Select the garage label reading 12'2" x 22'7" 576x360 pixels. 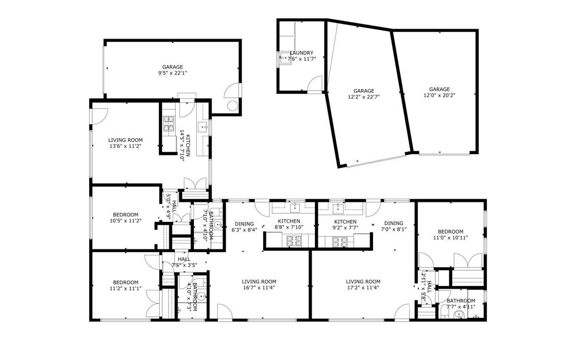click(364, 94)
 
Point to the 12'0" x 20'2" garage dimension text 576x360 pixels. click(439, 92)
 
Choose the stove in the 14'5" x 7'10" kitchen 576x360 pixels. click(169, 124)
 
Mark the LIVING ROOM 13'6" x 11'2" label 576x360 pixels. click(125, 143)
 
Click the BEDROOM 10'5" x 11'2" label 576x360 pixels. click(126, 218)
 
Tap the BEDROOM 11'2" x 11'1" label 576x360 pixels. click(126, 285)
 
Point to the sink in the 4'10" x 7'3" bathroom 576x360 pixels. click(202, 296)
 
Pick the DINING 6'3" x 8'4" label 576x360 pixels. click(244, 227)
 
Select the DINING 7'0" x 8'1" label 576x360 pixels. click(394, 226)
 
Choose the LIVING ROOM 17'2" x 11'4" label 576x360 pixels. click(363, 285)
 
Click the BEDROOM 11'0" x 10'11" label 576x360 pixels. click(450, 234)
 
